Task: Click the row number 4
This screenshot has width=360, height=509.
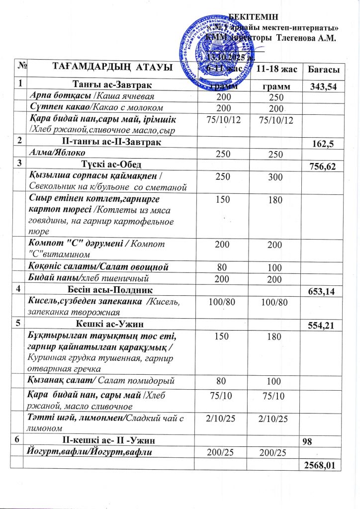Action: click(x=18, y=288)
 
